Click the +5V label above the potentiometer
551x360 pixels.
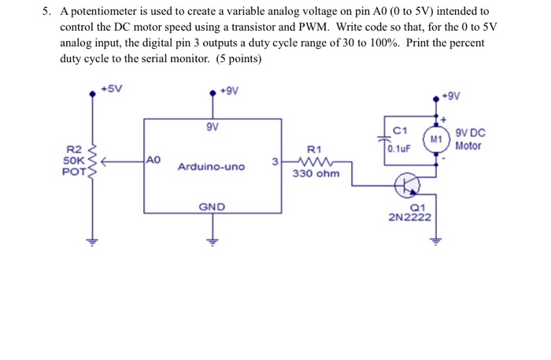pos(113,91)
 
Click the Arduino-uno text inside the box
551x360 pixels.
pos(211,167)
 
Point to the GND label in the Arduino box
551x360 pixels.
pos(211,206)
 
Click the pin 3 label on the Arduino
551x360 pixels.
pos(273,161)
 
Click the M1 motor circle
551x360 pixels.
pos(435,139)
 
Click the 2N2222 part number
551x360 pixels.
pos(409,217)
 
